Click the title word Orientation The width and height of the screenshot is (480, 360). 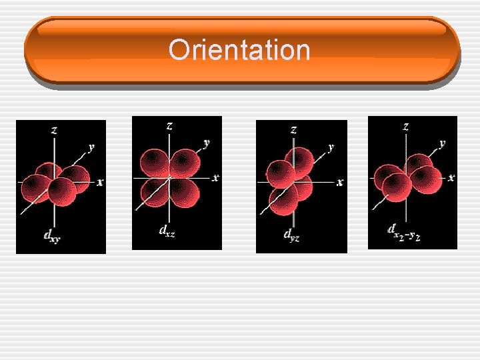coord(239,51)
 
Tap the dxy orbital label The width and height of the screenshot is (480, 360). coord(51,235)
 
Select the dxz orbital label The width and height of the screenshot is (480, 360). coord(167,231)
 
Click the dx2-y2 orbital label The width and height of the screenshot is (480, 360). coord(403,231)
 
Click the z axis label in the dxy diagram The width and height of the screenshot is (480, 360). coord(54,130)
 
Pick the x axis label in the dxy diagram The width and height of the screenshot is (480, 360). coord(100,181)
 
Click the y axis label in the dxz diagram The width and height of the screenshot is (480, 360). coord(207,142)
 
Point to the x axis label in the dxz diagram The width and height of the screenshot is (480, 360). coord(215,177)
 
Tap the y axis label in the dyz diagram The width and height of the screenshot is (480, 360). coord(331,147)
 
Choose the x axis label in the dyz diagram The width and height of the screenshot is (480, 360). coord(340,181)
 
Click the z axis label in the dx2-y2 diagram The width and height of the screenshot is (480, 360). coord(405,125)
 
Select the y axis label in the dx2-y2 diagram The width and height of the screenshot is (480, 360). coord(442,143)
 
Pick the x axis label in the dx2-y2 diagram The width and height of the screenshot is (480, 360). coord(451,177)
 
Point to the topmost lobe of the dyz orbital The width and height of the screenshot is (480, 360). coord(299,160)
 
